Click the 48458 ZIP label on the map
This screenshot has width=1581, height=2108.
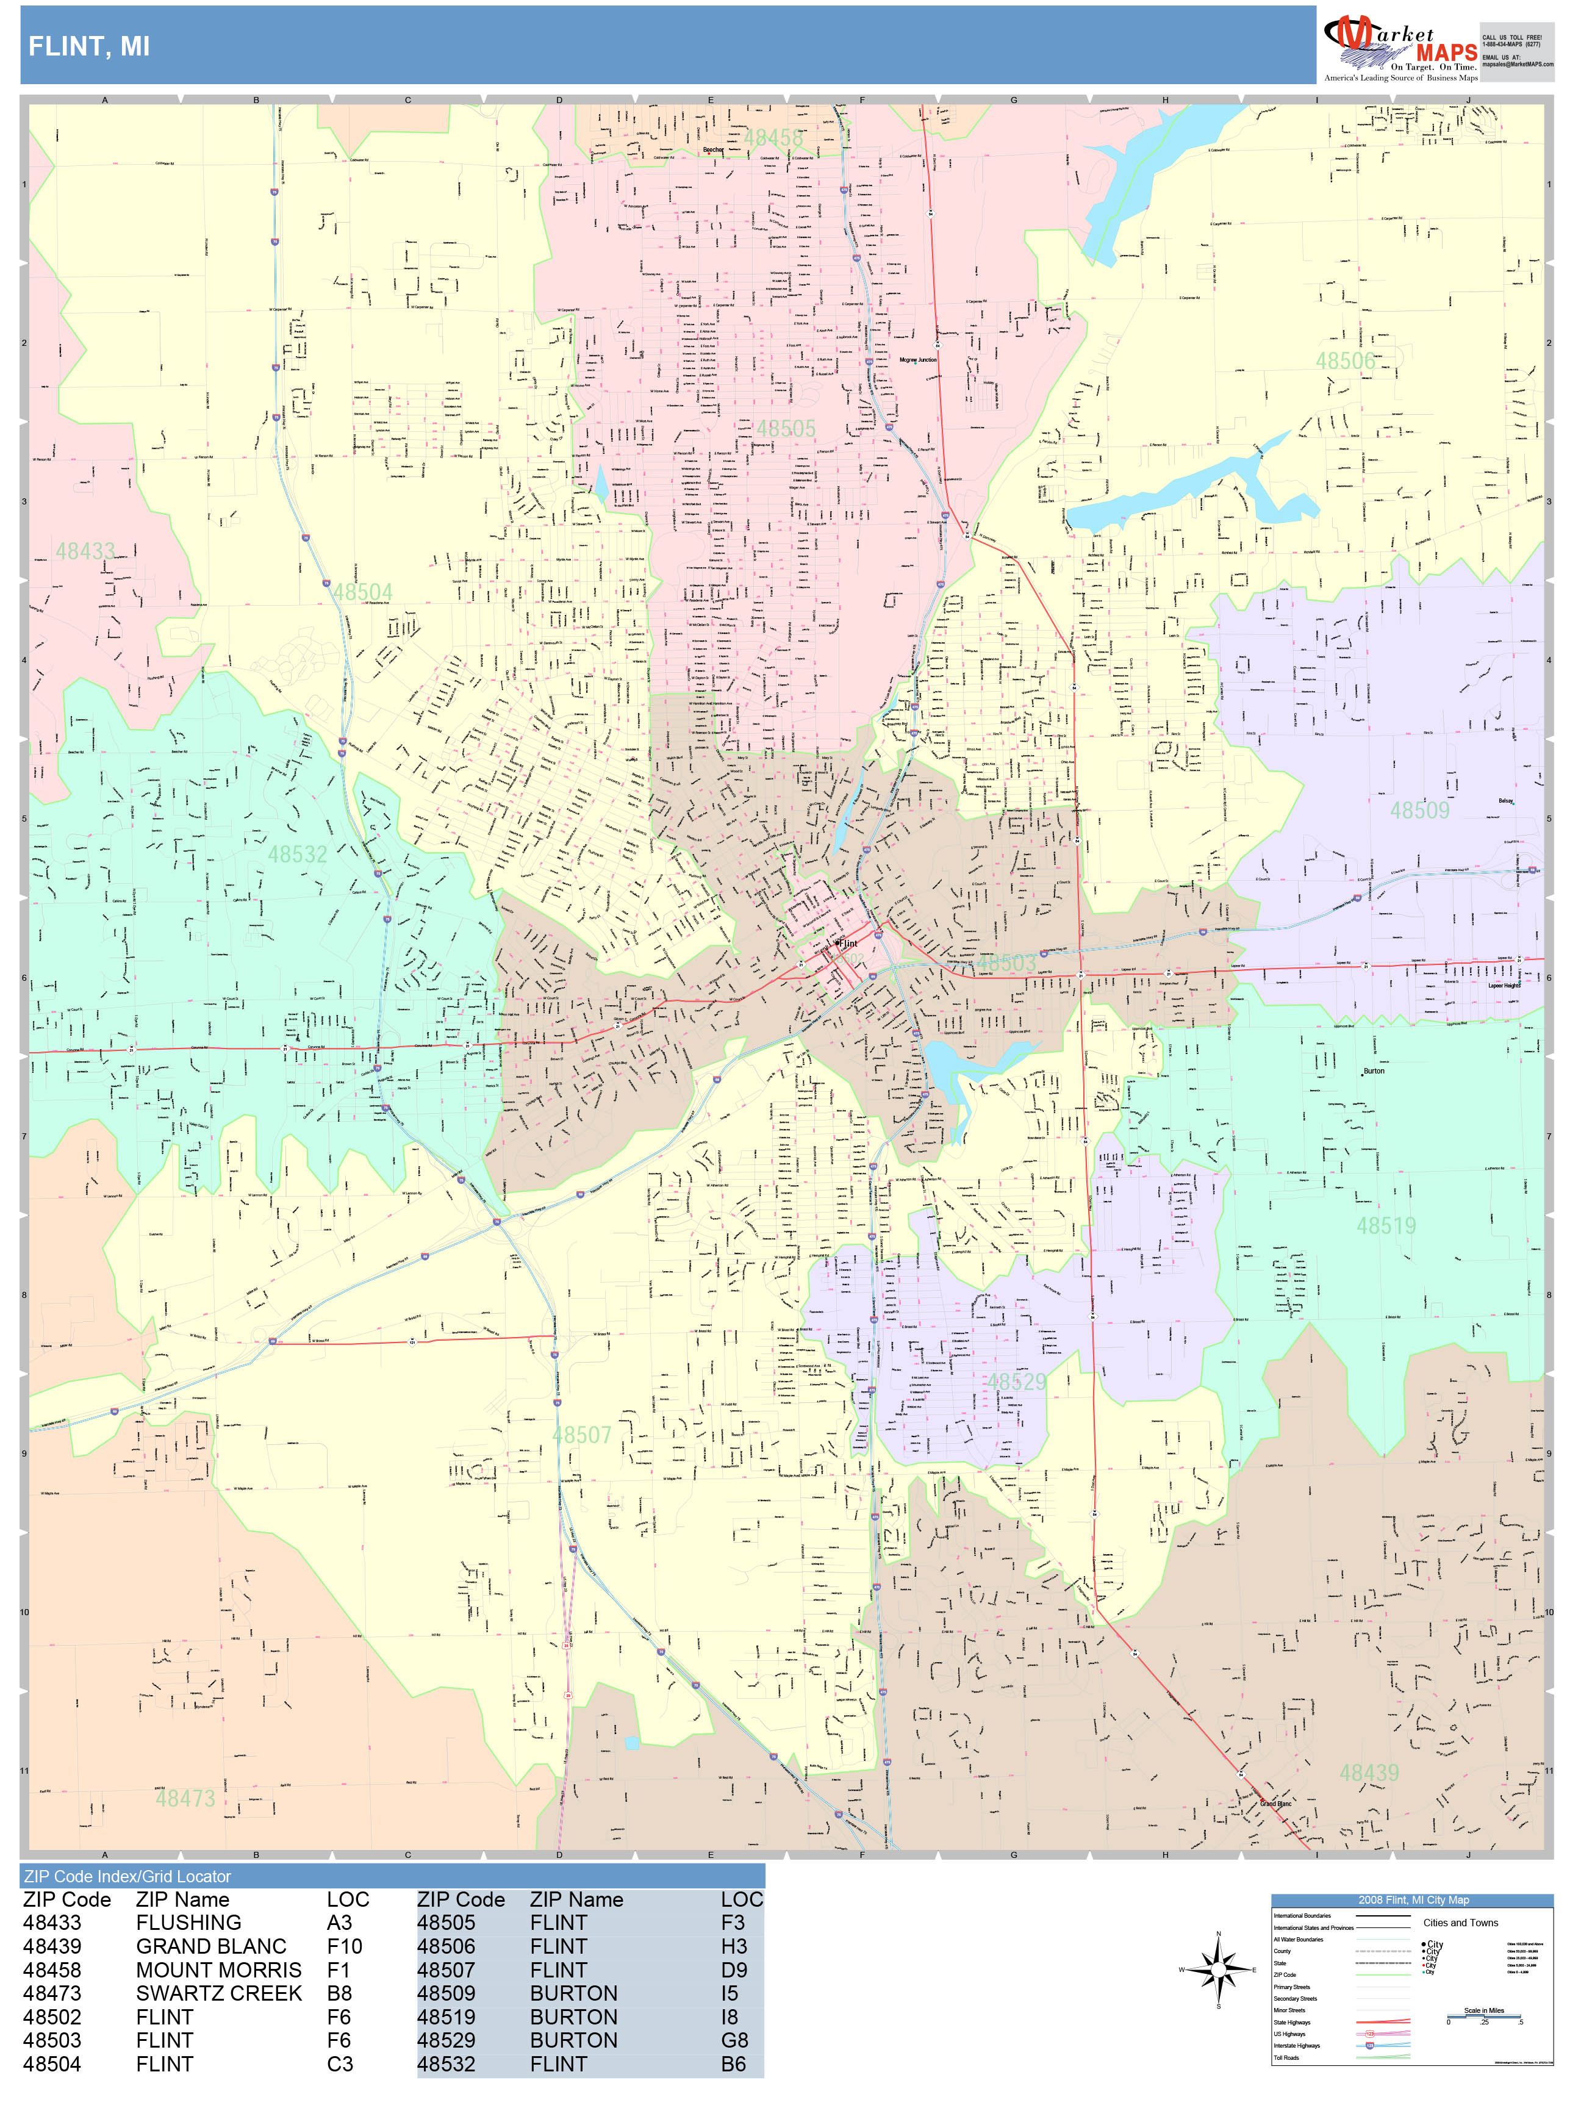pos(773,138)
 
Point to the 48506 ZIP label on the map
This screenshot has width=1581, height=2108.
pos(1345,361)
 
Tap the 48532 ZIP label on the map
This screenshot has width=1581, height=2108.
pos(297,854)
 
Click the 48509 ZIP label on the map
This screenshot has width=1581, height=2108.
pos(1419,810)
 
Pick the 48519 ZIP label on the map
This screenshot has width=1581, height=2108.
pos(1386,1225)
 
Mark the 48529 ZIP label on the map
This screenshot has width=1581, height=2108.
pos(1016,1382)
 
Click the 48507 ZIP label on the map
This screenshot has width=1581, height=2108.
pos(581,1435)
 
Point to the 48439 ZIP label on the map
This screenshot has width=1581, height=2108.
pos(1369,1773)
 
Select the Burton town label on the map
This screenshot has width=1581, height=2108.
pos(1373,1071)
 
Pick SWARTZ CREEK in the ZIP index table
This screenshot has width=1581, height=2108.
pos(218,1993)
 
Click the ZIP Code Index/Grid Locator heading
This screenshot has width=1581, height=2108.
pos(127,1876)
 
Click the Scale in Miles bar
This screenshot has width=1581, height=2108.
pos(1484,2015)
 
